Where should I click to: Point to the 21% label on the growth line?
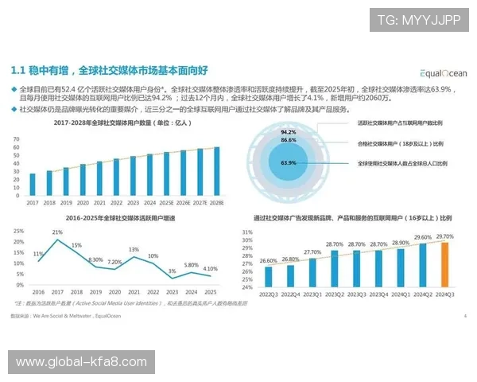[58, 232]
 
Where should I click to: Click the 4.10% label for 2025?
[210, 269]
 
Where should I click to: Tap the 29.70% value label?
[445, 237]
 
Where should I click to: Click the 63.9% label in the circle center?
[289, 162]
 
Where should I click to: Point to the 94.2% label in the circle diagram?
[289, 131]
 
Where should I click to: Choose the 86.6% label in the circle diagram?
[289, 139]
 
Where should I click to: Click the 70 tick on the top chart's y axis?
[17, 138]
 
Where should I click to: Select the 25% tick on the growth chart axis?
[18, 231]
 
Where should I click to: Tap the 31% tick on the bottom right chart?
[246, 232]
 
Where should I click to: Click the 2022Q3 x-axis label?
[268, 294]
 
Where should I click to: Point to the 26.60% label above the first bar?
[268, 260]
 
